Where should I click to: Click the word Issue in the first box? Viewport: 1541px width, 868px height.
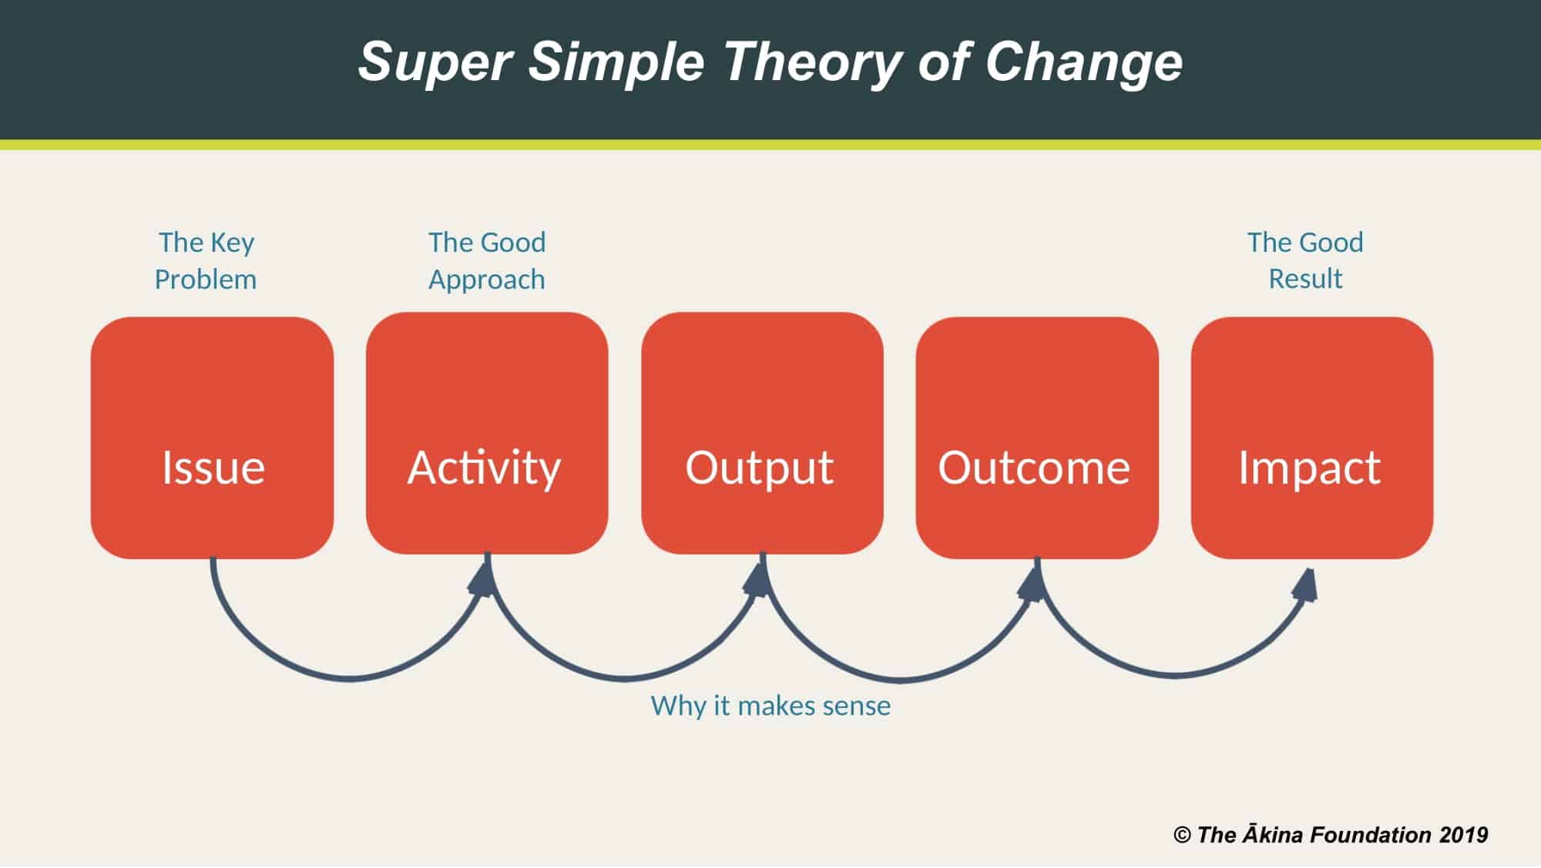[213, 467]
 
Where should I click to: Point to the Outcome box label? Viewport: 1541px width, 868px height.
[1034, 468]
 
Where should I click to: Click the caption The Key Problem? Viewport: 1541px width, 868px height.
[206, 261]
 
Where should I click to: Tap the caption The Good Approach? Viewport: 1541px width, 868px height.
[487, 261]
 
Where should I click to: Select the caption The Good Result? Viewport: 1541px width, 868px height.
[1305, 260]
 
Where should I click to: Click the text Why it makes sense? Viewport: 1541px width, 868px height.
[770, 705]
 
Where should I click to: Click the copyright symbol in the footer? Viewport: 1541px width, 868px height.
[1182, 835]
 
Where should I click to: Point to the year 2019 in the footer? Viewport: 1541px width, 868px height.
[1463, 835]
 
